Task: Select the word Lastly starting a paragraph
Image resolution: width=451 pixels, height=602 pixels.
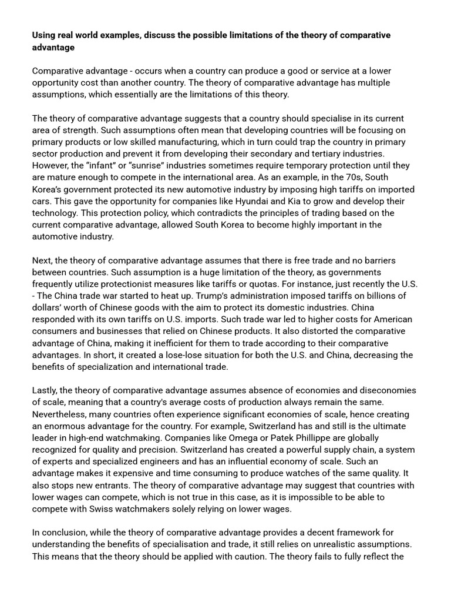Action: [x=46, y=390]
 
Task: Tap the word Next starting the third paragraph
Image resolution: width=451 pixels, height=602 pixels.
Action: [x=43, y=260]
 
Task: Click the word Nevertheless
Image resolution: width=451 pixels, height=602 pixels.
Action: [x=62, y=414]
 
